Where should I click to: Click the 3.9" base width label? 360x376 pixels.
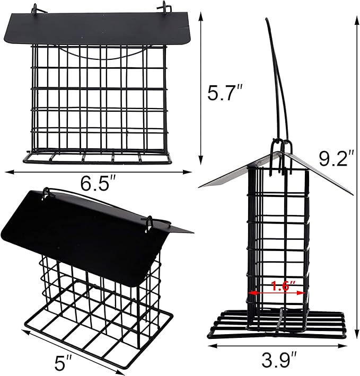[279, 361]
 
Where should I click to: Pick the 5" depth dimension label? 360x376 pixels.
[64, 363]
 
